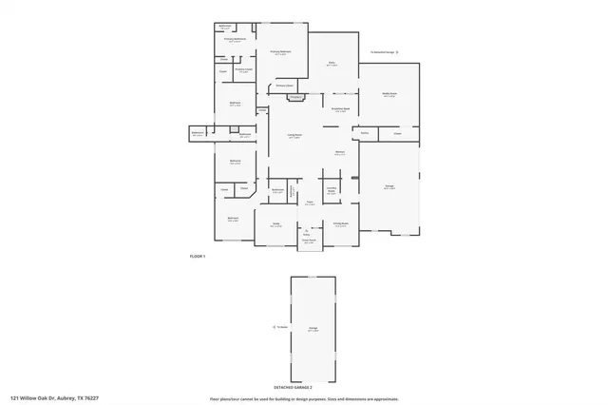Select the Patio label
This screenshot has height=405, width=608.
tap(332, 65)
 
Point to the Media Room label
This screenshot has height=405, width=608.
tap(389, 95)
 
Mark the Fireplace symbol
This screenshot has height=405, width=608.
tap(295, 96)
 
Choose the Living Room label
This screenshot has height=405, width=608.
tap(295, 137)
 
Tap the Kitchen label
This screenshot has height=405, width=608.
tap(339, 153)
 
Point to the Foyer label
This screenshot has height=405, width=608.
tap(310, 202)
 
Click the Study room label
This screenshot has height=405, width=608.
tap(276, 224)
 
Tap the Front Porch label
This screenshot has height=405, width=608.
tap(309, 241)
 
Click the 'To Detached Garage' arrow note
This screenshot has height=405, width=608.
tap(383, 52)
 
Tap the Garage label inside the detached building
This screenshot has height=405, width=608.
tap(313, 329)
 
